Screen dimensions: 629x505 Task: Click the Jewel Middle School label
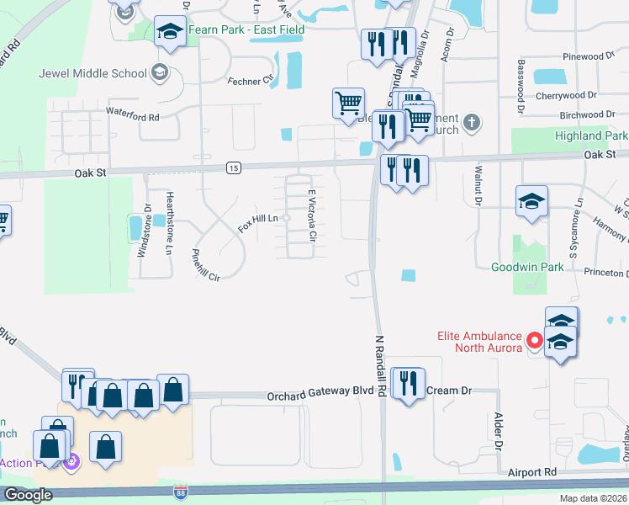click(92, 72)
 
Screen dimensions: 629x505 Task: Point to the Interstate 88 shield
click(181, 491)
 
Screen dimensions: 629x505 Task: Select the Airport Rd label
click(533, 473)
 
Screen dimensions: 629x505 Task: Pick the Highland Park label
click(591, 136)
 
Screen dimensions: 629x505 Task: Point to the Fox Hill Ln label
click(257, 224)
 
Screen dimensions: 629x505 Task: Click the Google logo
click(28, 495)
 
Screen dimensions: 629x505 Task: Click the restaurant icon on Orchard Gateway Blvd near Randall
click(404, 384)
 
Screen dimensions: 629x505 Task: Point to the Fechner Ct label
click(251, 81)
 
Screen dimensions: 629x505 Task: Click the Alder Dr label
click(499, 430)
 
